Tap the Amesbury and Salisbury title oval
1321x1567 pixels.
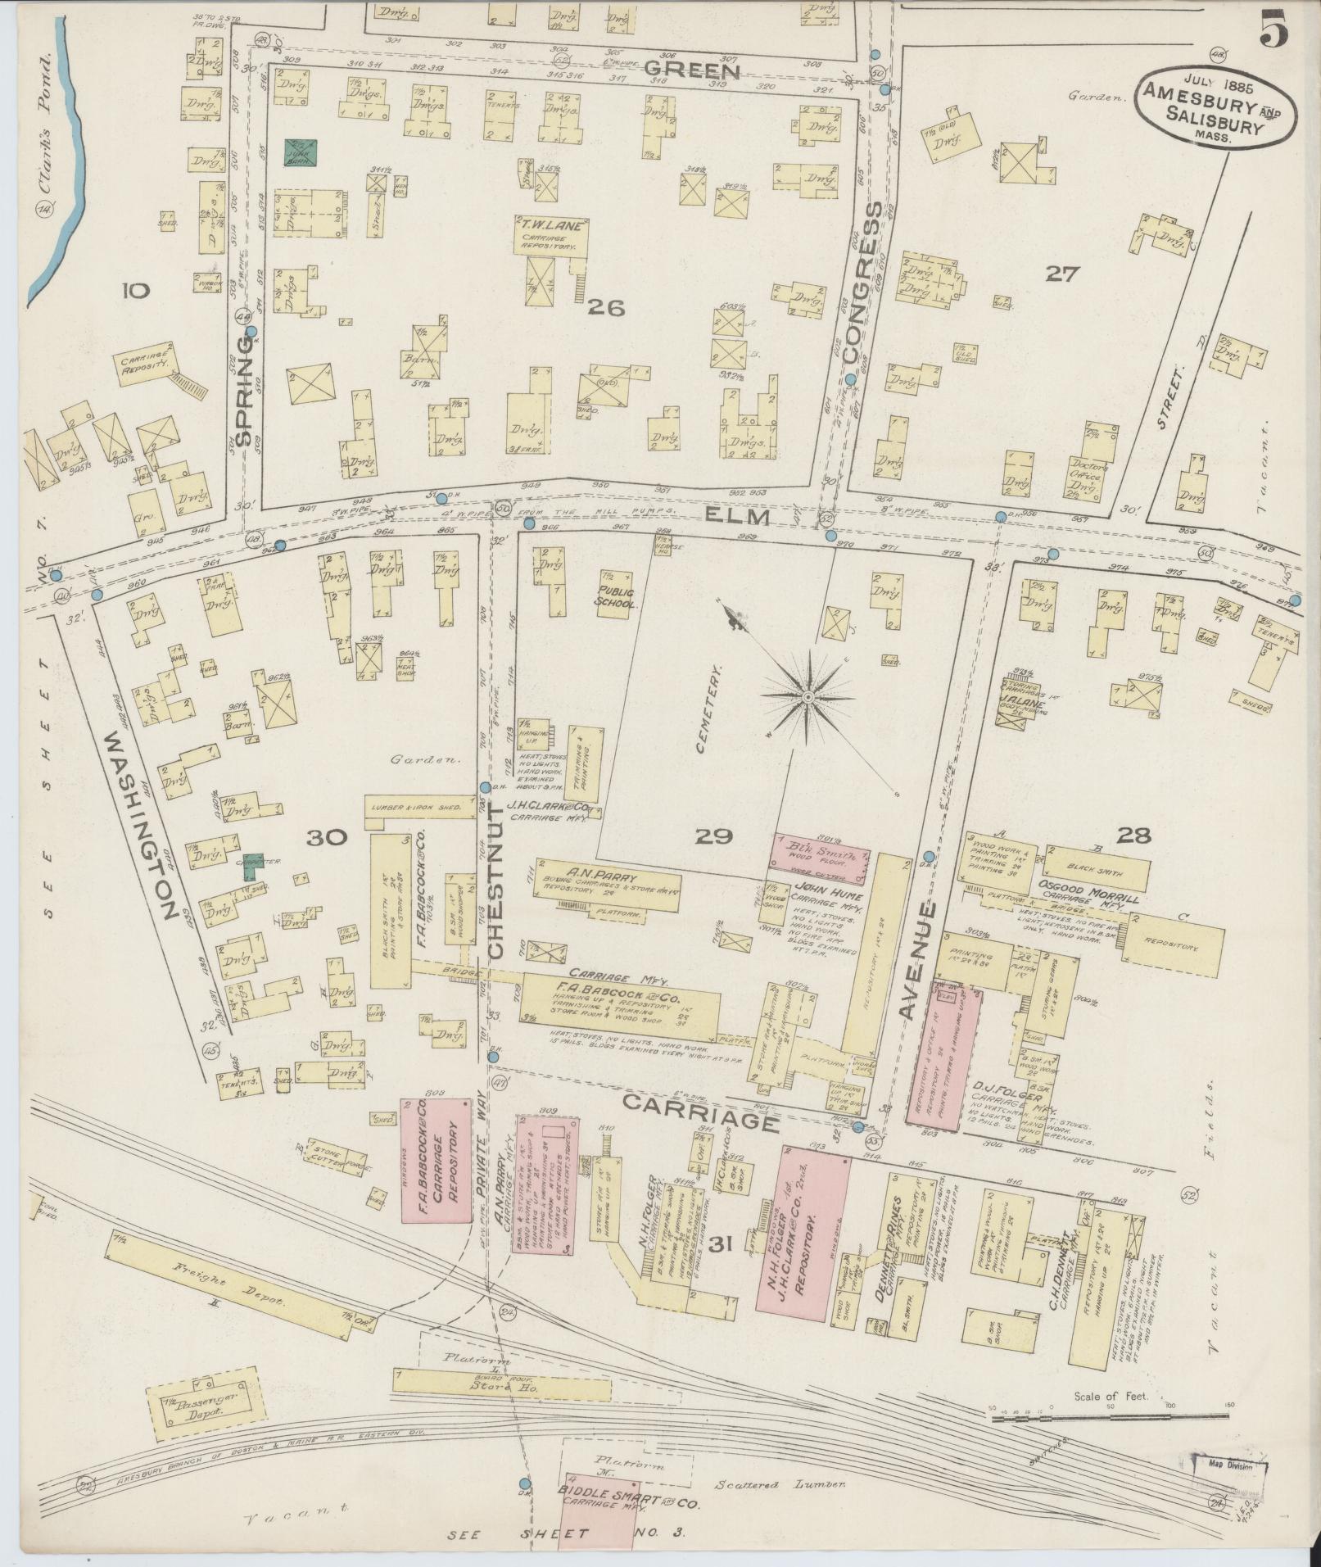pos(1216,111)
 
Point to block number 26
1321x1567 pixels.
pos(605,308)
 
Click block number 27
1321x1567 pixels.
pos(1063,274)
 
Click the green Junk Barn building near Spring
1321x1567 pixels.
pos(301,152)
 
